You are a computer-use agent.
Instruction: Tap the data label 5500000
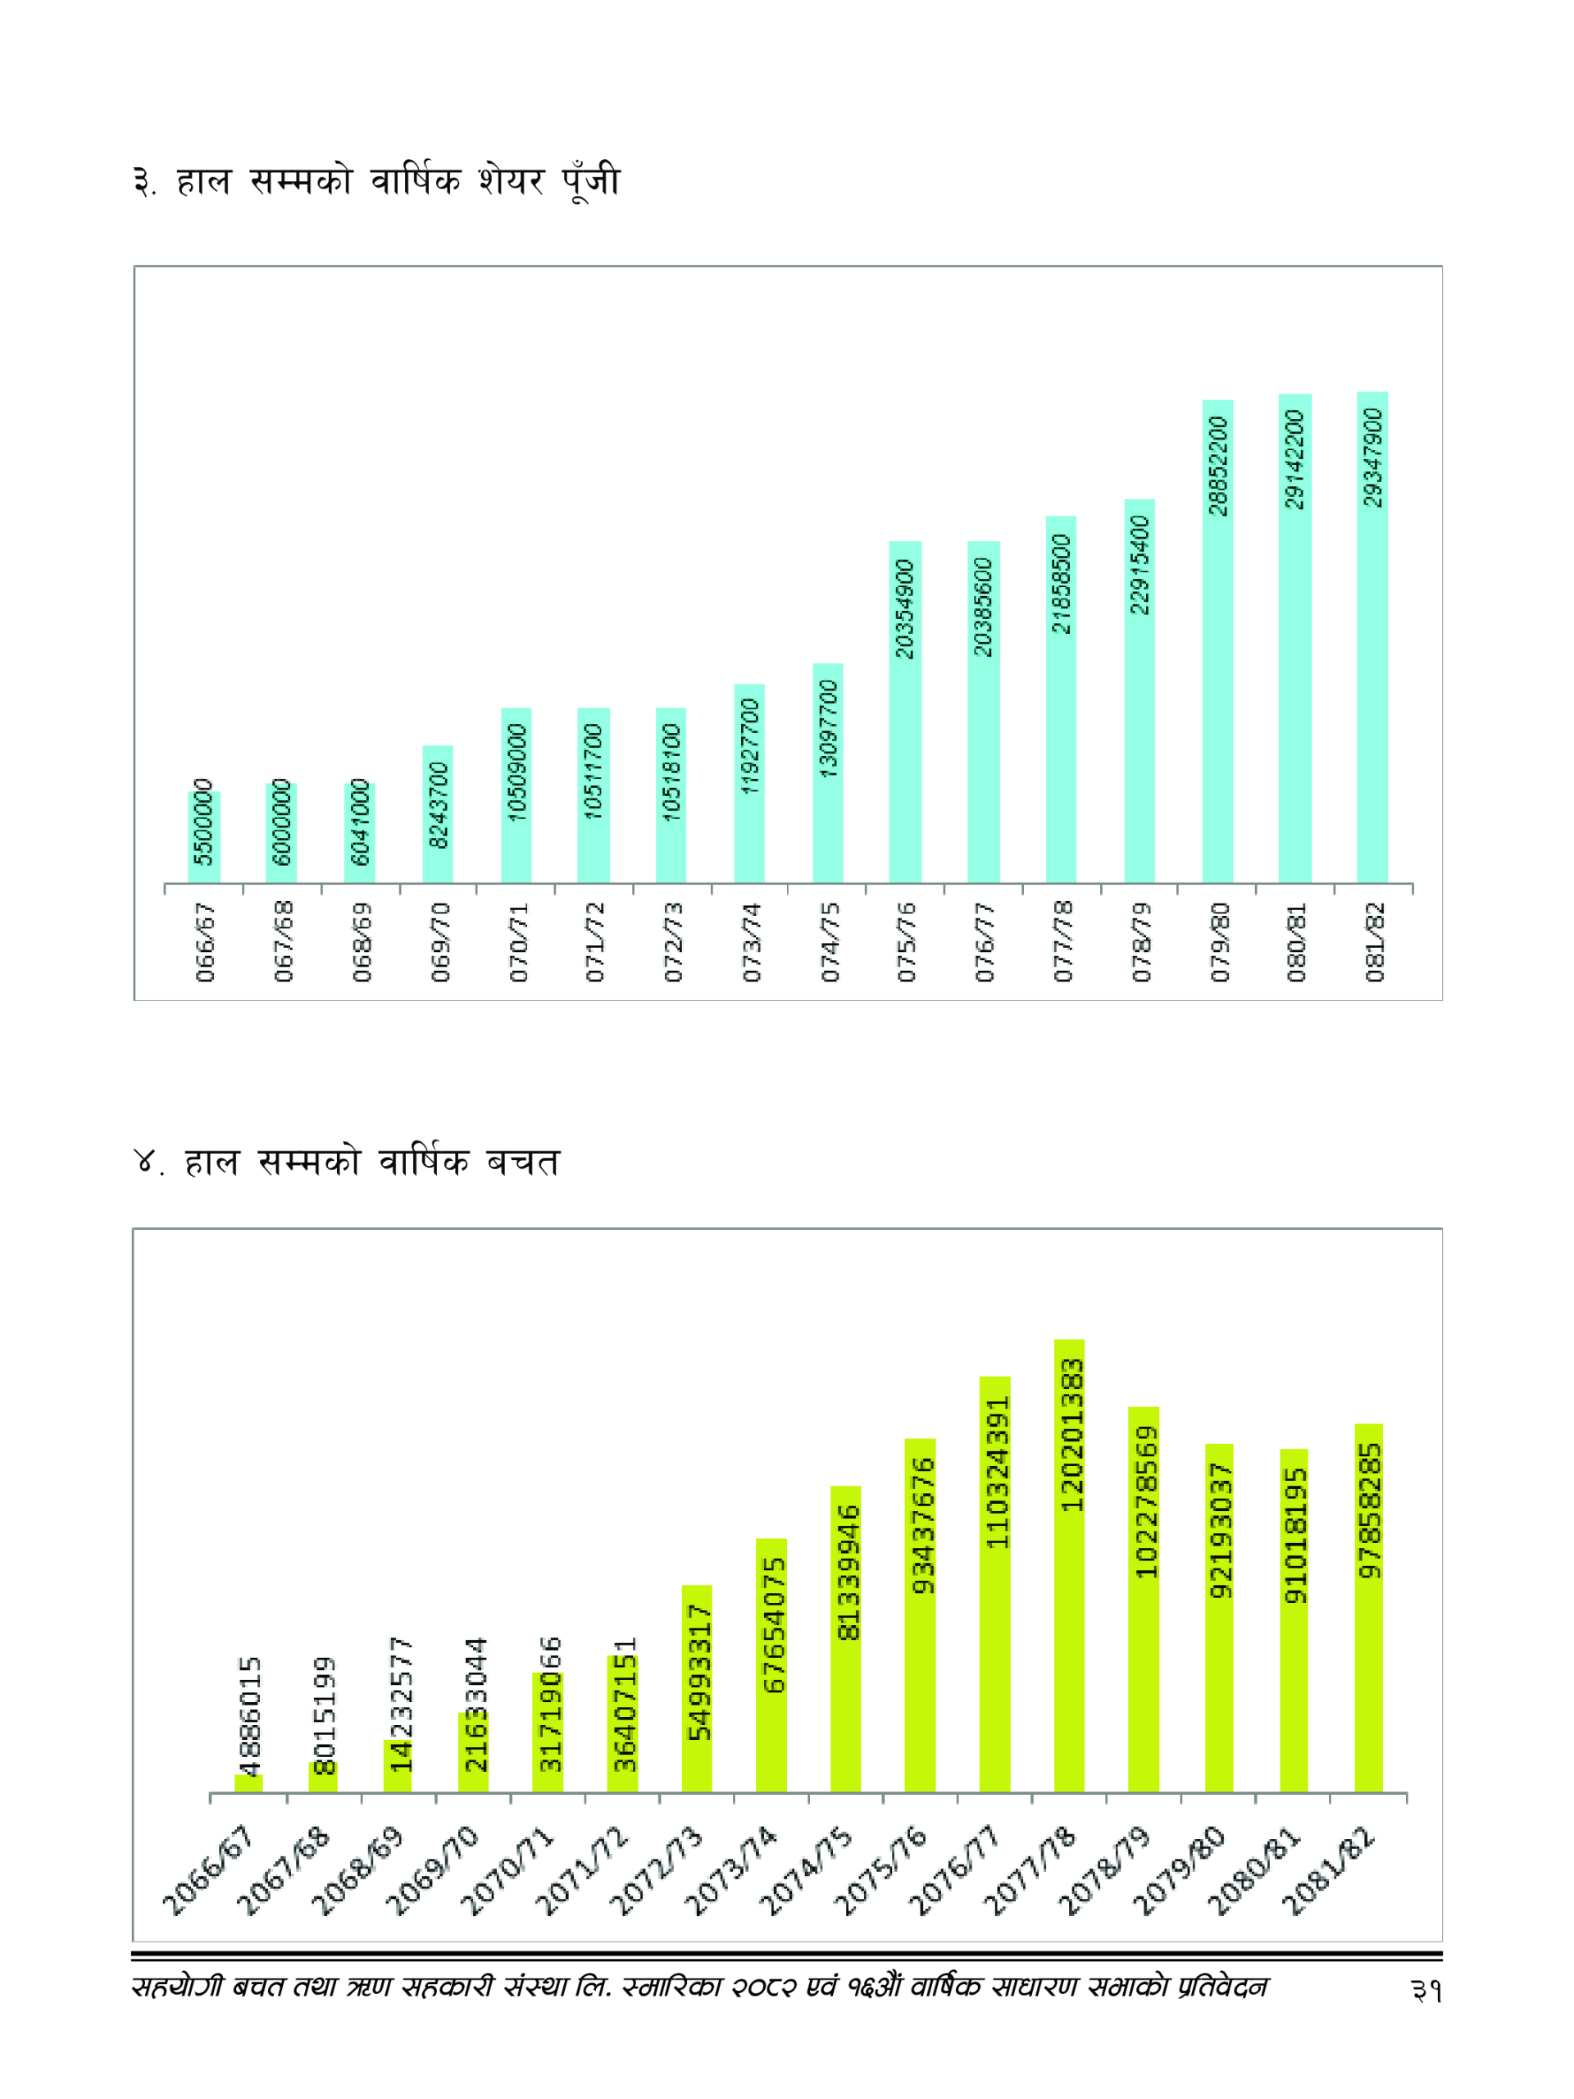pos(203,821)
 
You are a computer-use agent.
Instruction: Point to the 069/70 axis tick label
pos(439,941)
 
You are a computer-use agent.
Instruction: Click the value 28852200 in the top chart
pos(1218,466)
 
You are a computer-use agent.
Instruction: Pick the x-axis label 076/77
pos(984,941)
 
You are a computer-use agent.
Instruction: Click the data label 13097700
pos(828,729)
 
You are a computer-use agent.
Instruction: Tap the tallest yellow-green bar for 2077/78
pos(1069,1613)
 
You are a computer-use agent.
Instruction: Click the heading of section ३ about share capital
pos(376,180)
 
